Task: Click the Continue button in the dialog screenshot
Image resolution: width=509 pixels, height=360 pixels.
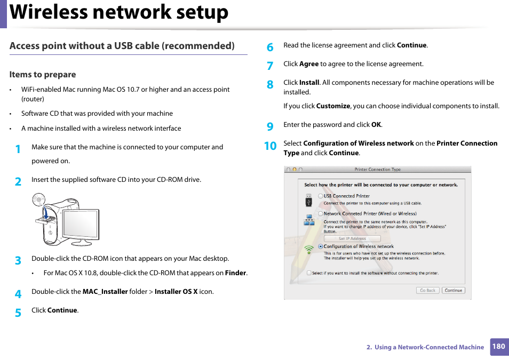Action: click(453, 291)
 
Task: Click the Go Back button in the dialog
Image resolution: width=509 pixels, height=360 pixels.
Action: click(428, 291)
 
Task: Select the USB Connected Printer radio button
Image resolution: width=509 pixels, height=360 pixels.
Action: click(321, 196)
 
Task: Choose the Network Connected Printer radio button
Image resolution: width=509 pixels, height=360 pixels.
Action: click(321, 214)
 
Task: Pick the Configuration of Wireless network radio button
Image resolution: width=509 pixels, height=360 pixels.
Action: click(321, 246)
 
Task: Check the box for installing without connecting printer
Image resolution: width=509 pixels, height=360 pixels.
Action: click(309, 273)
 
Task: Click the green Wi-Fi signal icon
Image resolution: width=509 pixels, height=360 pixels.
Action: click(309, 249)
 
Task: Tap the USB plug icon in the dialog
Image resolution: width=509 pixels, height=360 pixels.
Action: click(309, 201)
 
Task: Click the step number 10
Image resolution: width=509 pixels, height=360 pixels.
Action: click(271, 146)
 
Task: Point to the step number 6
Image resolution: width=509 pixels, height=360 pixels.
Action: click(270, 47)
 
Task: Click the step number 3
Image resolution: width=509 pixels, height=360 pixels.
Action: click(18, 261)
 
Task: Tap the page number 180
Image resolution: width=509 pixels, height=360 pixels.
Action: click(498, 347)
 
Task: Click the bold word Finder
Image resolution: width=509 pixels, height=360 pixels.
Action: click(236, 273)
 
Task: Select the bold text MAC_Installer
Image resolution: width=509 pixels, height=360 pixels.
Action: click(105, 292)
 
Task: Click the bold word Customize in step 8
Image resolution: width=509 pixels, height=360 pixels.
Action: click(333, 106)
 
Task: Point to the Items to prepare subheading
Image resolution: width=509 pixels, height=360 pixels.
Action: click(43, 75)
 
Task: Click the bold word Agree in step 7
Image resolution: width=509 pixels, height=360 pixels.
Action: click(309, 64)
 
